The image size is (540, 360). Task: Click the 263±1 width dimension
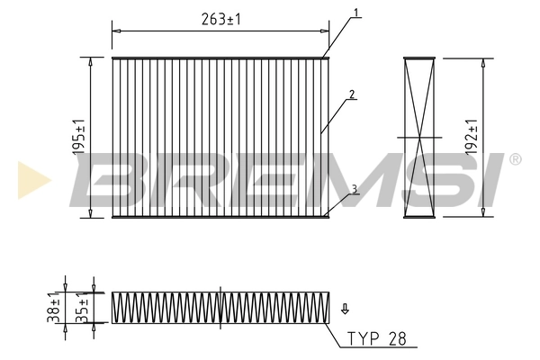tap(220, 18)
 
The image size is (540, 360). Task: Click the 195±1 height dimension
tap(80, 138)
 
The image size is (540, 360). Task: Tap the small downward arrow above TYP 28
tap(344, 310)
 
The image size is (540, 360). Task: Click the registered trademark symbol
tap(515, 159)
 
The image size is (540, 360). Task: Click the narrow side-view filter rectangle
tap(420, 138)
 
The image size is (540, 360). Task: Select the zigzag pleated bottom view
tap(220, 307)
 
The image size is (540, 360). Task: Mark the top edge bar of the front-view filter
tap(220, 59)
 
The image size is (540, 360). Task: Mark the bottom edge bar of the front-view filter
tap(220, 216)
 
